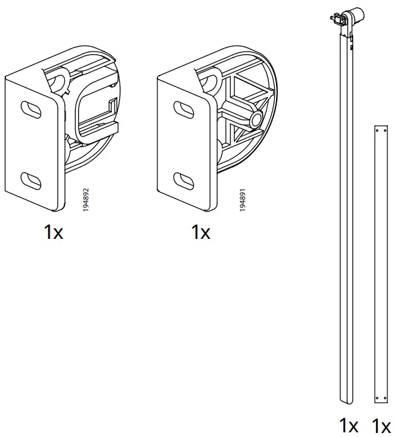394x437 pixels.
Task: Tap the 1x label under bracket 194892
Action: (x=54, y=232)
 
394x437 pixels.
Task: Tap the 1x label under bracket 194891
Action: (x=200, y=232)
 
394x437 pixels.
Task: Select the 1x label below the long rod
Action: (x=348, y=425)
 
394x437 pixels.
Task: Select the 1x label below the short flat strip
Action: (x=381, y=425)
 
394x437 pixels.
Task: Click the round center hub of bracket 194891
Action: (x=255, y=120)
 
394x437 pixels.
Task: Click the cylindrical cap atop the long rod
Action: (x=356, y=14)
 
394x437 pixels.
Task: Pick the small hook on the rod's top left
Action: (x=333, y=17)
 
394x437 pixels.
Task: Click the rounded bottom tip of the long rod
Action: (x=346, y=400)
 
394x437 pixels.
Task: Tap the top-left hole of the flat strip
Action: (x=376, y=130)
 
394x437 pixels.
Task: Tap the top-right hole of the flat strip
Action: (x=385, y=130)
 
